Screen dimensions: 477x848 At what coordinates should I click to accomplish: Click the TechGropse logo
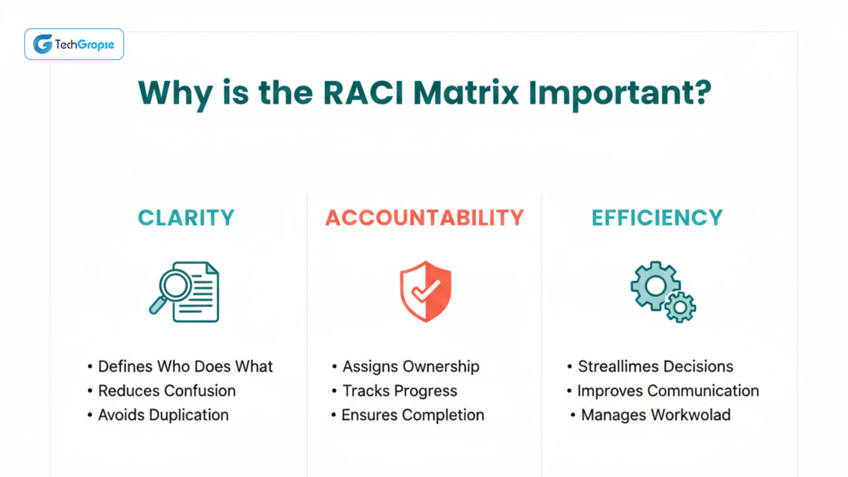pos(74,44)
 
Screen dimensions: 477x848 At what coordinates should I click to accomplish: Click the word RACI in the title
pos(363,92)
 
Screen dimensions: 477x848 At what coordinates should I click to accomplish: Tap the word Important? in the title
pos(619,93)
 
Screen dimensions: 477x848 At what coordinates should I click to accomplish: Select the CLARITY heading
pos(186,218)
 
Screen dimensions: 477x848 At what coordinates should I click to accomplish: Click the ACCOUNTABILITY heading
pos(424,218)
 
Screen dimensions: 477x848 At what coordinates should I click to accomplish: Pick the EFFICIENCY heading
pos(656,218)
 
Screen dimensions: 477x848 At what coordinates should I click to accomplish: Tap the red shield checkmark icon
pos(425,291)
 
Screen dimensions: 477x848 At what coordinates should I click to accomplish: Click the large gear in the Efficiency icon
pos(655,285)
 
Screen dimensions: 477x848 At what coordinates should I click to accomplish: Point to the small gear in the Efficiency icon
pos(680,307)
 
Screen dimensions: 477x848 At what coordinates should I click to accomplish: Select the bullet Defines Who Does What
pos(185,367)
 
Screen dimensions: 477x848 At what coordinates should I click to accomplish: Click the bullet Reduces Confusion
pos(166,391)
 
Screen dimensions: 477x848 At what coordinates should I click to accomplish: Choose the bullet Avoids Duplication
pos(163,415)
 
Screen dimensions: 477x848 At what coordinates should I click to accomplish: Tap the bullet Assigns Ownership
pos(411,367)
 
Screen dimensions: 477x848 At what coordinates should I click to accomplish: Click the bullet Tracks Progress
pos(400,391)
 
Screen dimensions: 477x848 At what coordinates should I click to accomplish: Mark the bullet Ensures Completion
pos(412,415)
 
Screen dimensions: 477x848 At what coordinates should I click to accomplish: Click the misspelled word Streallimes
pos(618,367)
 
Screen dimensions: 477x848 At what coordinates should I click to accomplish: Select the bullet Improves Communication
pos(667,391)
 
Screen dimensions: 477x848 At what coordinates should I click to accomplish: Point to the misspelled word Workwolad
pos(690,415)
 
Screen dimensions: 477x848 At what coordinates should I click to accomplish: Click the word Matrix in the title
pos(466,92)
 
